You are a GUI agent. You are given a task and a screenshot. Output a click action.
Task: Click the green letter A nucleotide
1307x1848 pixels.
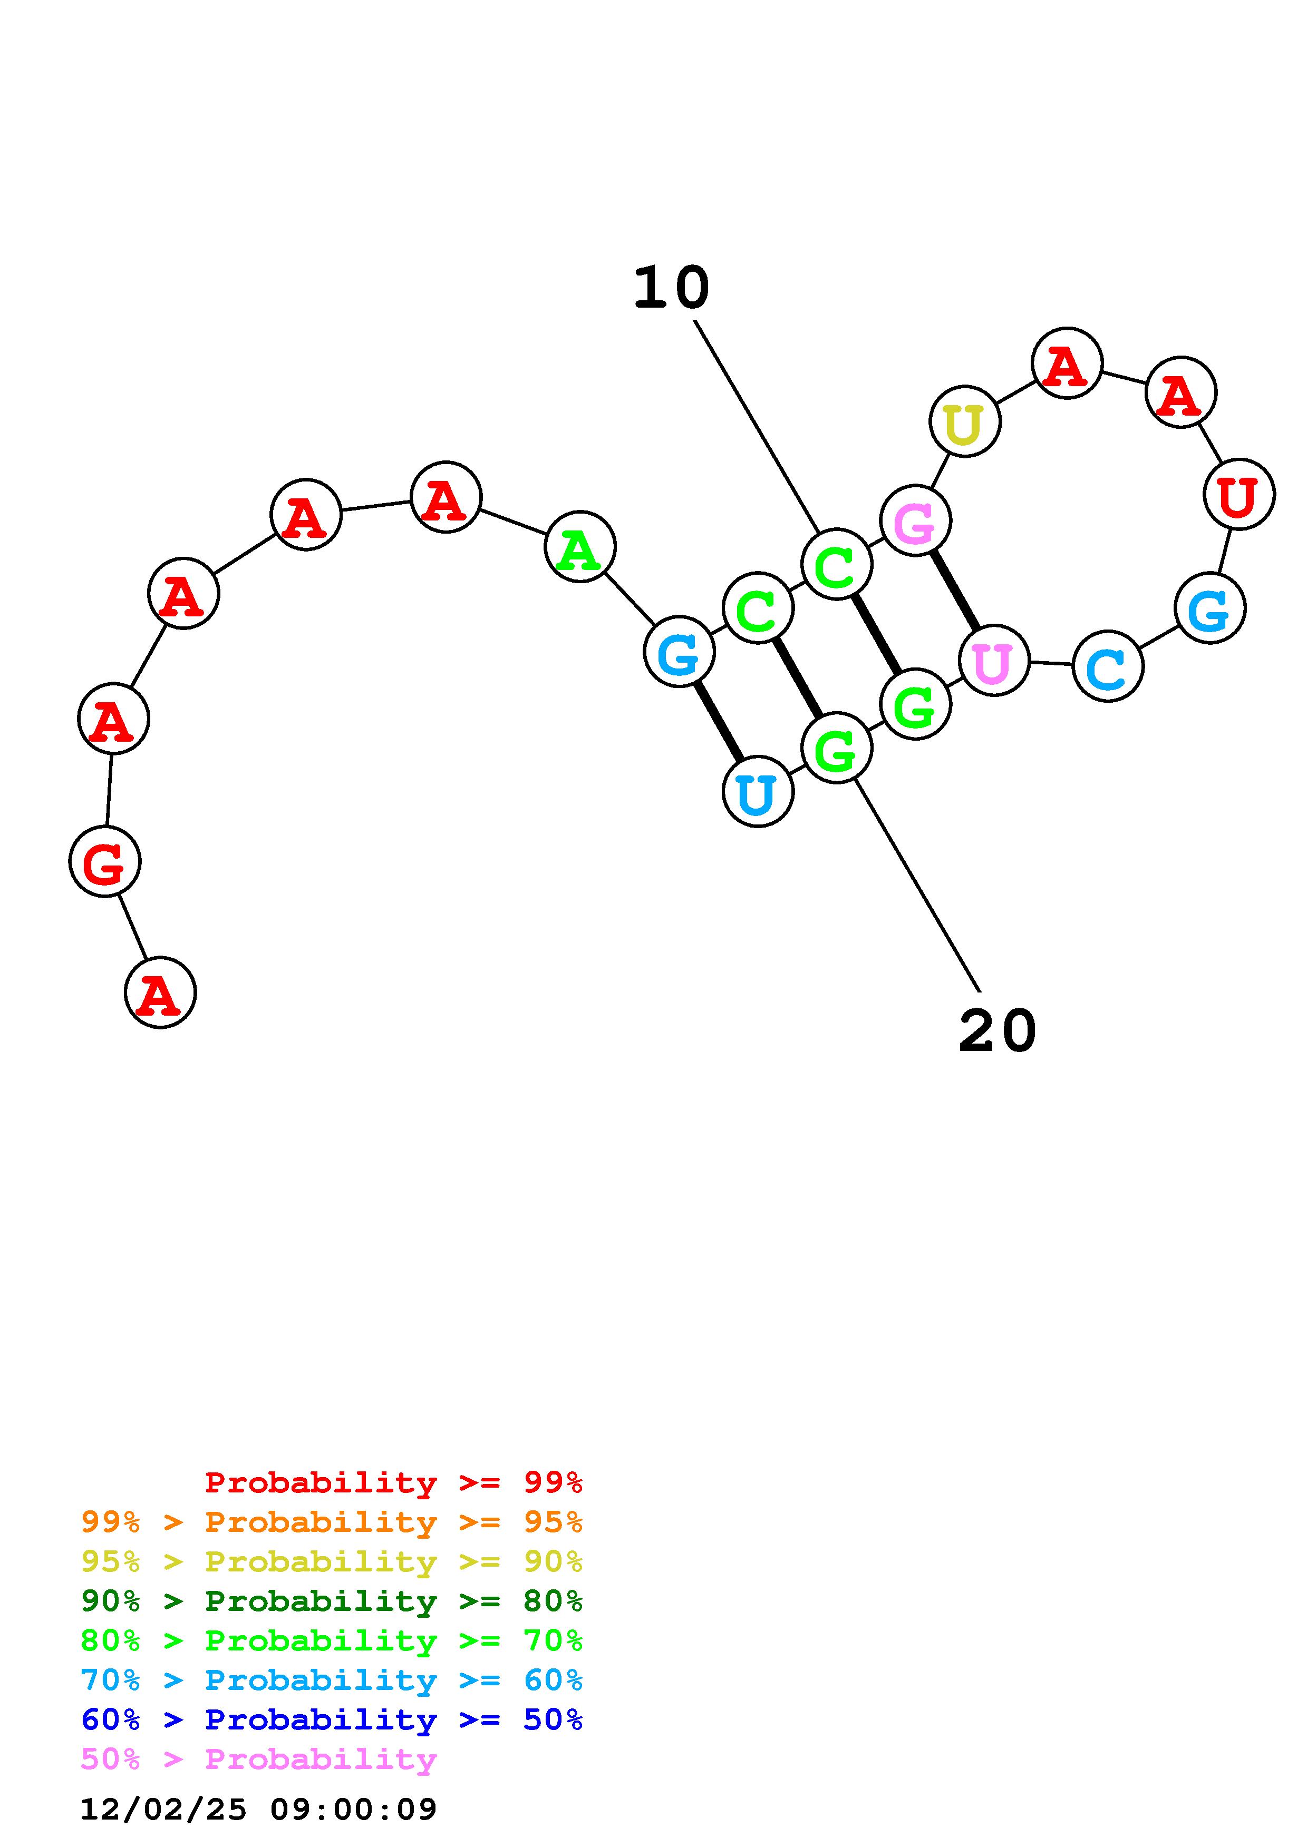[580, 547]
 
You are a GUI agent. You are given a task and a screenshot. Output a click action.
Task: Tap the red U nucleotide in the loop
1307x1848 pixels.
[1238, 494]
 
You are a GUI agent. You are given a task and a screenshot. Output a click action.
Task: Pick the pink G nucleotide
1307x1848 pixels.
[916, 521]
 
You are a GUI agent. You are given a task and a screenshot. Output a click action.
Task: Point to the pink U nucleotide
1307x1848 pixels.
[994, 660]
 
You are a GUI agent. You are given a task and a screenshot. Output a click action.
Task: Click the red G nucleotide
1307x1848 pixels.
[105, 861]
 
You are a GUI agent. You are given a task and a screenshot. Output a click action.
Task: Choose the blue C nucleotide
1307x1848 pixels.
[1108, 666]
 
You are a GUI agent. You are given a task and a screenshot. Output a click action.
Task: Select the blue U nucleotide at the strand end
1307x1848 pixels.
[758, 792]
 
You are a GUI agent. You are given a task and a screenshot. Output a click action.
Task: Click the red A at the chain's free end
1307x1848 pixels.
[160, 992]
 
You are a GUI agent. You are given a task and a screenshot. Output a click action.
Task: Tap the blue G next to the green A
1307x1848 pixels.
[679, 652]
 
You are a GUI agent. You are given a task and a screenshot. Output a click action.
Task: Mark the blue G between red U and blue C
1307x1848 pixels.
[1209, 608]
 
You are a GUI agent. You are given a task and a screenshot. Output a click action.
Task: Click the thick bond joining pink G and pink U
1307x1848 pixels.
[955, 591]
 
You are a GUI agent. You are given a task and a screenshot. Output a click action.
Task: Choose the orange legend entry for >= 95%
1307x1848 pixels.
[332, 1522]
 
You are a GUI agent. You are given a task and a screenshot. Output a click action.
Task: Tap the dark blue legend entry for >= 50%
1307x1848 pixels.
[332, 1719]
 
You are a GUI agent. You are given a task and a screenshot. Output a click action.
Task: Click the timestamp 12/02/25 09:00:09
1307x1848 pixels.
[258, 1810]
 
